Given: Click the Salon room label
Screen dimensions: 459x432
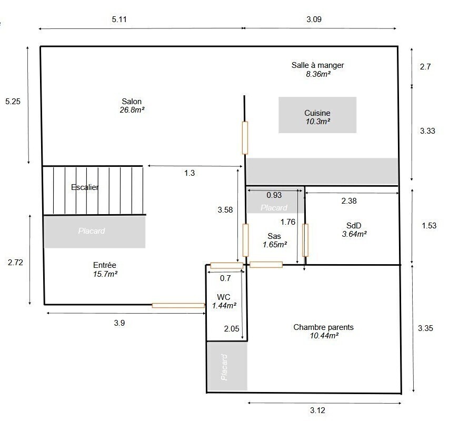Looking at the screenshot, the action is [132, 102].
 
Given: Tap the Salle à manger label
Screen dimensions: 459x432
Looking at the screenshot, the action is [317, 65].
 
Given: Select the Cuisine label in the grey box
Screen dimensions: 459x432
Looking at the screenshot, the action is [317, 113].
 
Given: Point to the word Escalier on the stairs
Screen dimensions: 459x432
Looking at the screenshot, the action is [85, 187].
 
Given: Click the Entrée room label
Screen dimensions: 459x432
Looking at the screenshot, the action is [105, 265].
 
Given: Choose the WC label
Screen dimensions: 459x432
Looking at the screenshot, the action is [224, 297].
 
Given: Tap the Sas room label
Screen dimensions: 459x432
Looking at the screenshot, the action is [274, 236].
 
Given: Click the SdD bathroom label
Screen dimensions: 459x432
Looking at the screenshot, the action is [354, 225].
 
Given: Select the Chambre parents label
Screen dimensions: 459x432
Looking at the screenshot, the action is [324, 327].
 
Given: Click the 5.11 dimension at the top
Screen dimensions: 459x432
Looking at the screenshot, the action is [119, 19].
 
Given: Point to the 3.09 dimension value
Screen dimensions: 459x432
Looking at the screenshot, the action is [314, 19].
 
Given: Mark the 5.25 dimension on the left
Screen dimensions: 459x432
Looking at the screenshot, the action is [13, 102].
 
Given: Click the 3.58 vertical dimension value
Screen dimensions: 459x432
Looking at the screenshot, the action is [225, 210].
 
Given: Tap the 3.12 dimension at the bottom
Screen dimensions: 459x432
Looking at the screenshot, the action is [317, 410].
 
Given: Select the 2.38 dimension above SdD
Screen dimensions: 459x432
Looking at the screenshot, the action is [349, 201].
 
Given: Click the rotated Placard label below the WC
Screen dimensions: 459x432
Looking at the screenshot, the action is [224, 367].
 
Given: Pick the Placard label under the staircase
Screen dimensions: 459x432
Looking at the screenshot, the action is [92, 231].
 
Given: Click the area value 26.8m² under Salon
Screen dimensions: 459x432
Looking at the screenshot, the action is [132, 110].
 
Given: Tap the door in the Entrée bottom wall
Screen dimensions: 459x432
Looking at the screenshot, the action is [178, 306].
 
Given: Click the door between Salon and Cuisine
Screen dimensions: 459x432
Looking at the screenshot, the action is [245, 138].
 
